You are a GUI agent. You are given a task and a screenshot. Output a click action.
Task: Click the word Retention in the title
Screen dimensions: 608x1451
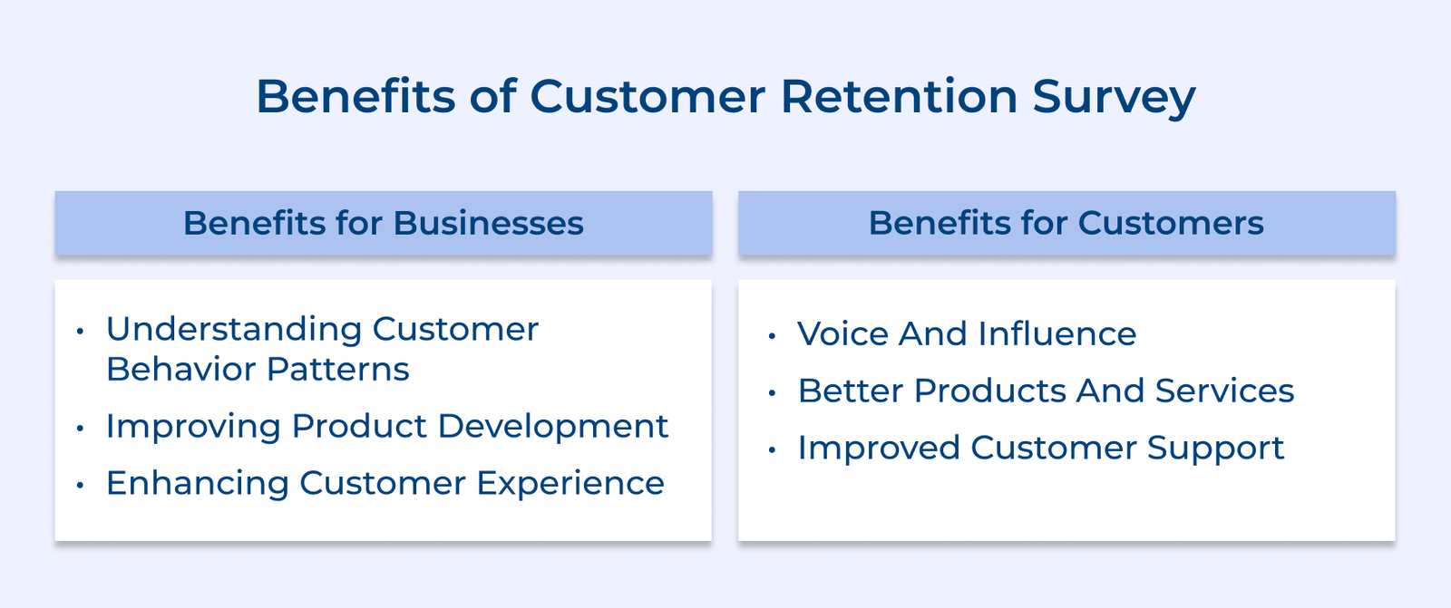tap(899, 96)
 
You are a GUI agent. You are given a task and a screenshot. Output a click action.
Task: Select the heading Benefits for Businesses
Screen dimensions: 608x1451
tap(383, 223)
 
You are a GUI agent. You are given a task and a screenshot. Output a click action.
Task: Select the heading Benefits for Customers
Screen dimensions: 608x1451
tap(1066, 223)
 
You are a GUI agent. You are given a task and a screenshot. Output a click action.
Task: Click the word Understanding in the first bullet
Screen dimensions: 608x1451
tap(233, 330)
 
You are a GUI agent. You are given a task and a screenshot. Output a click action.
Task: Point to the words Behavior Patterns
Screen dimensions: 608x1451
tap(258, 370)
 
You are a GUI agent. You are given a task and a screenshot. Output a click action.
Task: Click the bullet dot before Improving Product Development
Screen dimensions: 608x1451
tap(81, 428)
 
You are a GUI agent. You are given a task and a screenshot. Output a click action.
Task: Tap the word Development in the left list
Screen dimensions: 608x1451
tap(552, 426)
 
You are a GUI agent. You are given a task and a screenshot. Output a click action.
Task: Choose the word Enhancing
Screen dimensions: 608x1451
tap(197, 484)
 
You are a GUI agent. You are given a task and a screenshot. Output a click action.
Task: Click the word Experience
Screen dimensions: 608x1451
tap(570, 484)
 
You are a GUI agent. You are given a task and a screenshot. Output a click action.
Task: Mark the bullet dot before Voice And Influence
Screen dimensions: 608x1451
tap(772, 336)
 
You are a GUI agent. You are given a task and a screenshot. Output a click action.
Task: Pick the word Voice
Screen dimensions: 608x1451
tap(842, 334)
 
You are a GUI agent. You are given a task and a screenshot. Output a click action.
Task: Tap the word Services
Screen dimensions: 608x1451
tap(1224, 391)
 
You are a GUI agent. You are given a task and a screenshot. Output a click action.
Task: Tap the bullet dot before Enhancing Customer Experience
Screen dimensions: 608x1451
tap(81, 485)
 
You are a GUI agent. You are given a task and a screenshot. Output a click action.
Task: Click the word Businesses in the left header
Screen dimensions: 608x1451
tap(488, 223)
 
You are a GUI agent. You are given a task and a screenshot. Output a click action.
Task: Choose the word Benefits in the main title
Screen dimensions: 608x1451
tap(355, 96)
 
